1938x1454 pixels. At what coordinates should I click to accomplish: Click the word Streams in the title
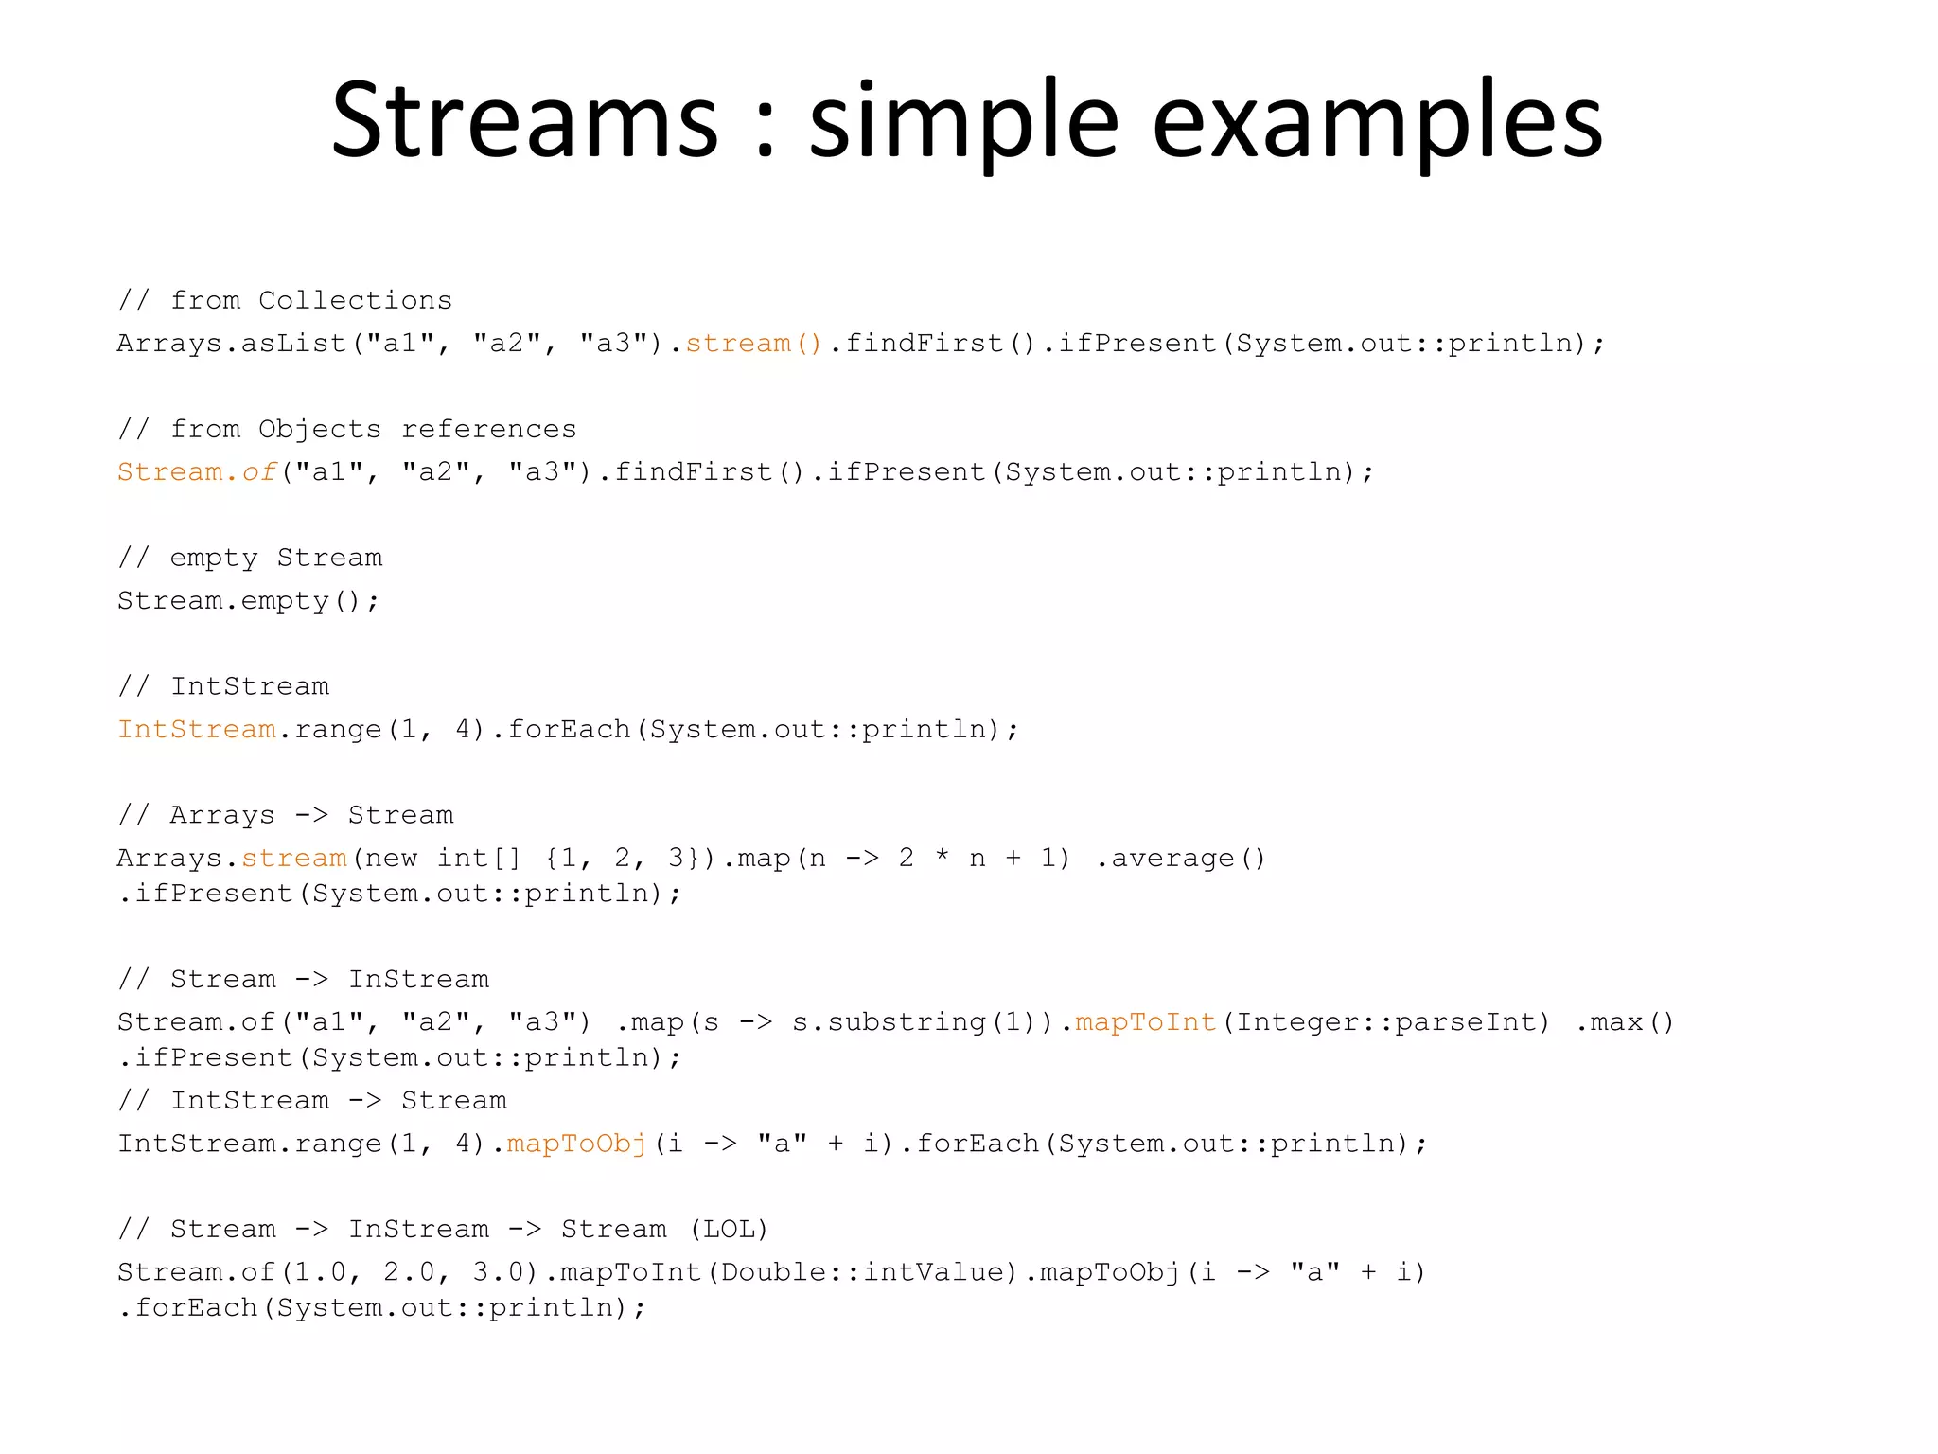tap(525, 121)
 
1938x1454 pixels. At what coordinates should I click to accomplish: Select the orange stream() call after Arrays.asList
tap(754, 343)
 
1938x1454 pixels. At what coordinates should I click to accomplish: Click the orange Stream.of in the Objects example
tap(197, 471)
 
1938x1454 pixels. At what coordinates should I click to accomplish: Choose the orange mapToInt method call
tap(1146, 1022)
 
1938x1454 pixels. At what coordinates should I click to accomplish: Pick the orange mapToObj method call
tap(577, 1144)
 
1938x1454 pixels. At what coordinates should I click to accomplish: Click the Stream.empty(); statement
tap(248, 601)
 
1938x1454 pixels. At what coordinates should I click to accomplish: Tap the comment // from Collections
tap(285, 300)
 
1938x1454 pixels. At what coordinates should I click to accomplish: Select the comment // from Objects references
tap(346, 429)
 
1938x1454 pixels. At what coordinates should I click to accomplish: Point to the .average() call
tap(1180, 859)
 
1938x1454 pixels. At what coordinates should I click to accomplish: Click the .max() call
tap(1625, 1022)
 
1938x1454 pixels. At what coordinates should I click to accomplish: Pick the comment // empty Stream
tap(250, 558)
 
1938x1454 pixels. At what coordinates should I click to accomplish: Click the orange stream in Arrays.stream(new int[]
tap(294, 859)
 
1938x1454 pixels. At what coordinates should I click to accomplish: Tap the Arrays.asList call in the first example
tap(232, 343)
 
